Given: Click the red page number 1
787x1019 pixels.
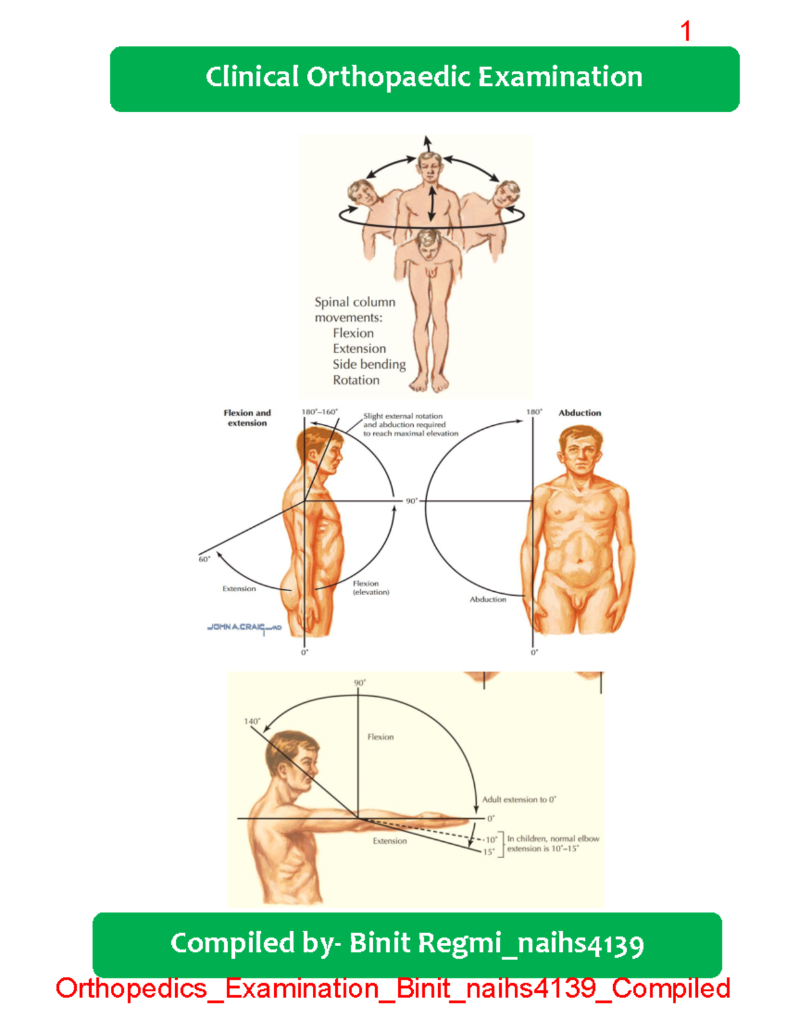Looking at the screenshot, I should pyautogui.click(x=685, y=31).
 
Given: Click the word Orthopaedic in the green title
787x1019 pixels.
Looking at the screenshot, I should pyautogui.click(x=388, y=77).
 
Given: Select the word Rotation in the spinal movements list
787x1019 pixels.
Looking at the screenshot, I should pyautogui.click(x=355, y=380).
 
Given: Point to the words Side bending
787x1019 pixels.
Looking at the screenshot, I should pyautogui.click(x=369, y=364).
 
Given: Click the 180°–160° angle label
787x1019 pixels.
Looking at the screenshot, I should pyautogui.click(x=319, y=412).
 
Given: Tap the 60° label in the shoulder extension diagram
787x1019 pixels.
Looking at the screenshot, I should pyautogui.click(x=204, y=559).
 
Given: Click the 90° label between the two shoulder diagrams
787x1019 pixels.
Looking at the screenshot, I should pyautogui.click(x=411, y=501).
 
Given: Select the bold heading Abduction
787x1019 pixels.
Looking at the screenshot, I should pyautogui.click(x=580, y=413).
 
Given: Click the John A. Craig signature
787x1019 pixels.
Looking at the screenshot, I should pyautogui.click(x=244, y=628).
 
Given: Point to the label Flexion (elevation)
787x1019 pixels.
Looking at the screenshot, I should pyautogui.click(x=371, y=587).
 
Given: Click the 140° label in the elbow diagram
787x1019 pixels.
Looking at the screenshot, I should pyautogui.click(x=252, y=721).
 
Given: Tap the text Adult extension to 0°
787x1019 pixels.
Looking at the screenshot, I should pyautogui.click(x=519, y=799).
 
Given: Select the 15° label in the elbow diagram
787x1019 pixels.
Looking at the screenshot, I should pyautogui.click(x=489, y=852).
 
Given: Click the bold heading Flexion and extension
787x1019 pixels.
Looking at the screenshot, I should pyautogui.click(x=247, y=418).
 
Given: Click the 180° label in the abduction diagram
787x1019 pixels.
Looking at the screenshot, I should pyautogui.click(x=534, y=412).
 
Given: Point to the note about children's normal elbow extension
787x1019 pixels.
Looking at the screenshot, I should pyautogui.click(x=553, y=843).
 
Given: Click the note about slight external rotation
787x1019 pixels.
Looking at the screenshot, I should pyautogui.click(x=410, y=425).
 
